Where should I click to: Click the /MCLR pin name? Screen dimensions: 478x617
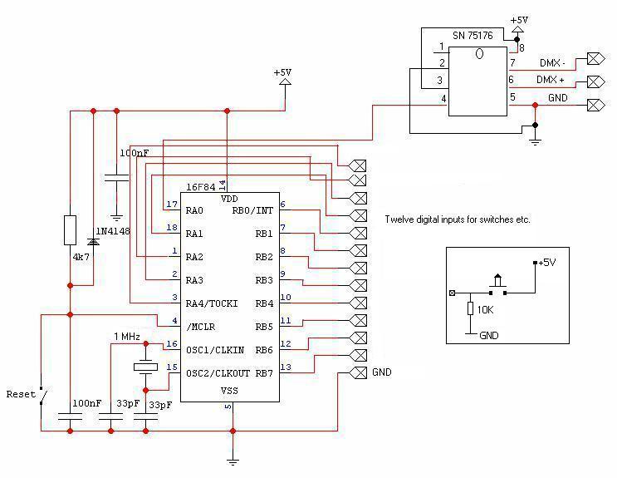point(199,327)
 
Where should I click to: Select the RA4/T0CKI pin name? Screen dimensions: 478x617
point(212,303)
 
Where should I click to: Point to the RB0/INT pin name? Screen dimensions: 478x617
point(253,210)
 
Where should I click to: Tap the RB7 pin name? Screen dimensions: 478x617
point(264,373)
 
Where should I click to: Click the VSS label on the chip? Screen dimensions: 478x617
point(228,391)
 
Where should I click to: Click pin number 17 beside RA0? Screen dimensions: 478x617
point(172,205)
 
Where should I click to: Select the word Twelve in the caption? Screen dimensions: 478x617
point(400,220)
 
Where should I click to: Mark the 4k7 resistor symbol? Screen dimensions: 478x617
point(71,229)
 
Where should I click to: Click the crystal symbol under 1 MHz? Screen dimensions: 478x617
point(145,366)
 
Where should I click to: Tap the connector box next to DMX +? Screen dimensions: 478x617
point(595,81)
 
